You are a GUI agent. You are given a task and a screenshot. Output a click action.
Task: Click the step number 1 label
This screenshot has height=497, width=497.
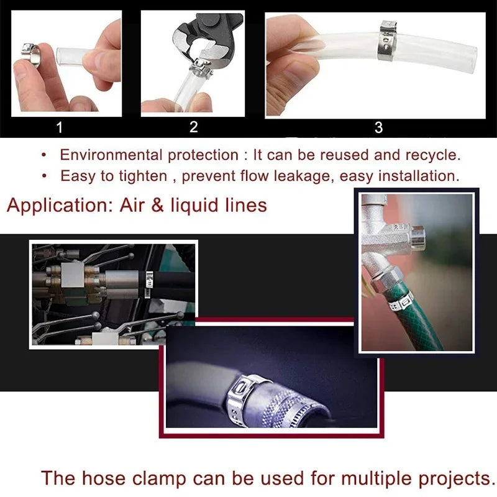[60, 128]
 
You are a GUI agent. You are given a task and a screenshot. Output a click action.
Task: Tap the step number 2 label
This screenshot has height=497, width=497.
[193, 127]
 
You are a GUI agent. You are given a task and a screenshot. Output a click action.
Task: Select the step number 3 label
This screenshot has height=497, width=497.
[378, 128]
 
